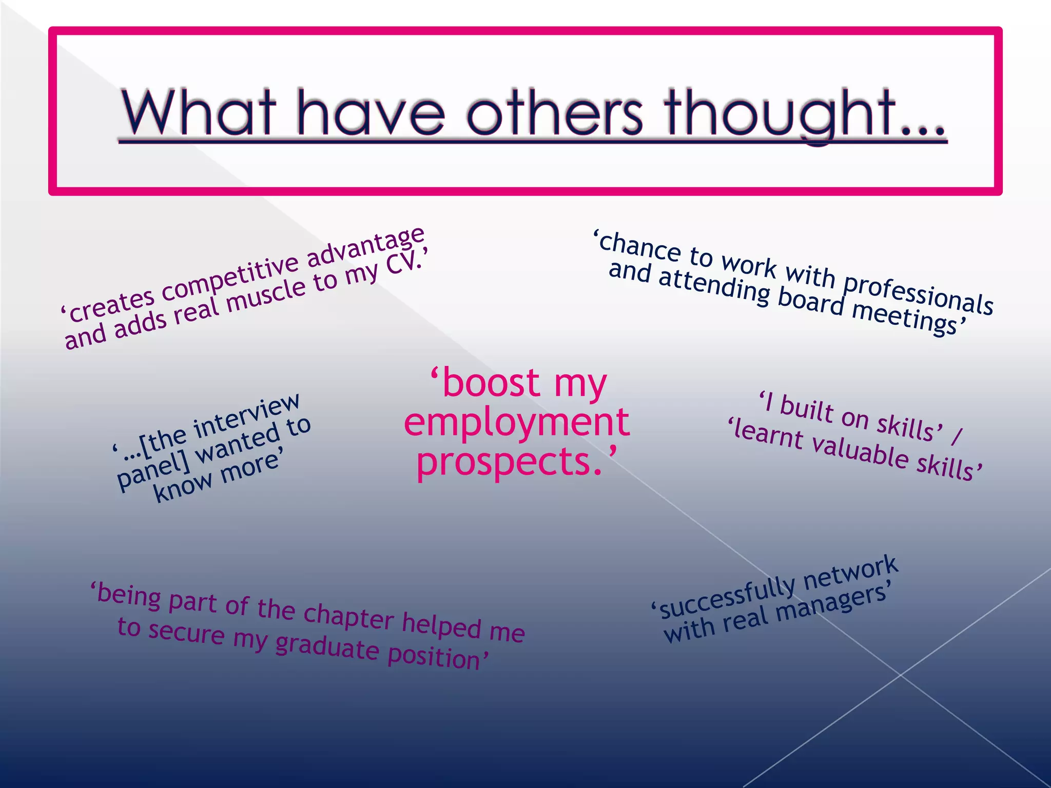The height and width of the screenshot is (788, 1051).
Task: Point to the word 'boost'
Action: point(490,383)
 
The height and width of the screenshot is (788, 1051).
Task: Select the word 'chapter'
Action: point(348,615)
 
